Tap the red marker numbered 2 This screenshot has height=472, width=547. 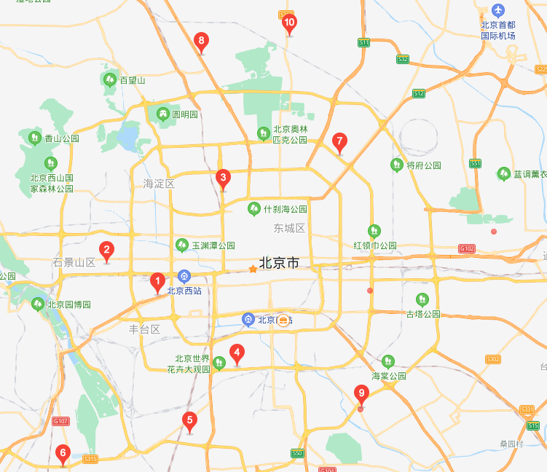point(106,251)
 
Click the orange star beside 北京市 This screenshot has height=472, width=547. point(253,269)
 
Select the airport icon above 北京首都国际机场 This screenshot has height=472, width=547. point(497,10)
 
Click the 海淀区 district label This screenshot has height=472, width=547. point(159,184)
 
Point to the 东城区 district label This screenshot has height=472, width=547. point(289,228)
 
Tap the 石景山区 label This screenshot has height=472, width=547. point(74,262)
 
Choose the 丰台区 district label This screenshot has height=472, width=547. point(144,329)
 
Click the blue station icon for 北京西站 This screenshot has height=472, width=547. point(184,276)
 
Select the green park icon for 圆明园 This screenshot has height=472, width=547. point(162,114)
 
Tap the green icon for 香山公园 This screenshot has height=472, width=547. point(34,138)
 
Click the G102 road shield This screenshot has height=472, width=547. point(467,248)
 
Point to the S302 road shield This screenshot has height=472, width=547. point(493,359)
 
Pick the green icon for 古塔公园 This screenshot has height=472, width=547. point(422,299)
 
